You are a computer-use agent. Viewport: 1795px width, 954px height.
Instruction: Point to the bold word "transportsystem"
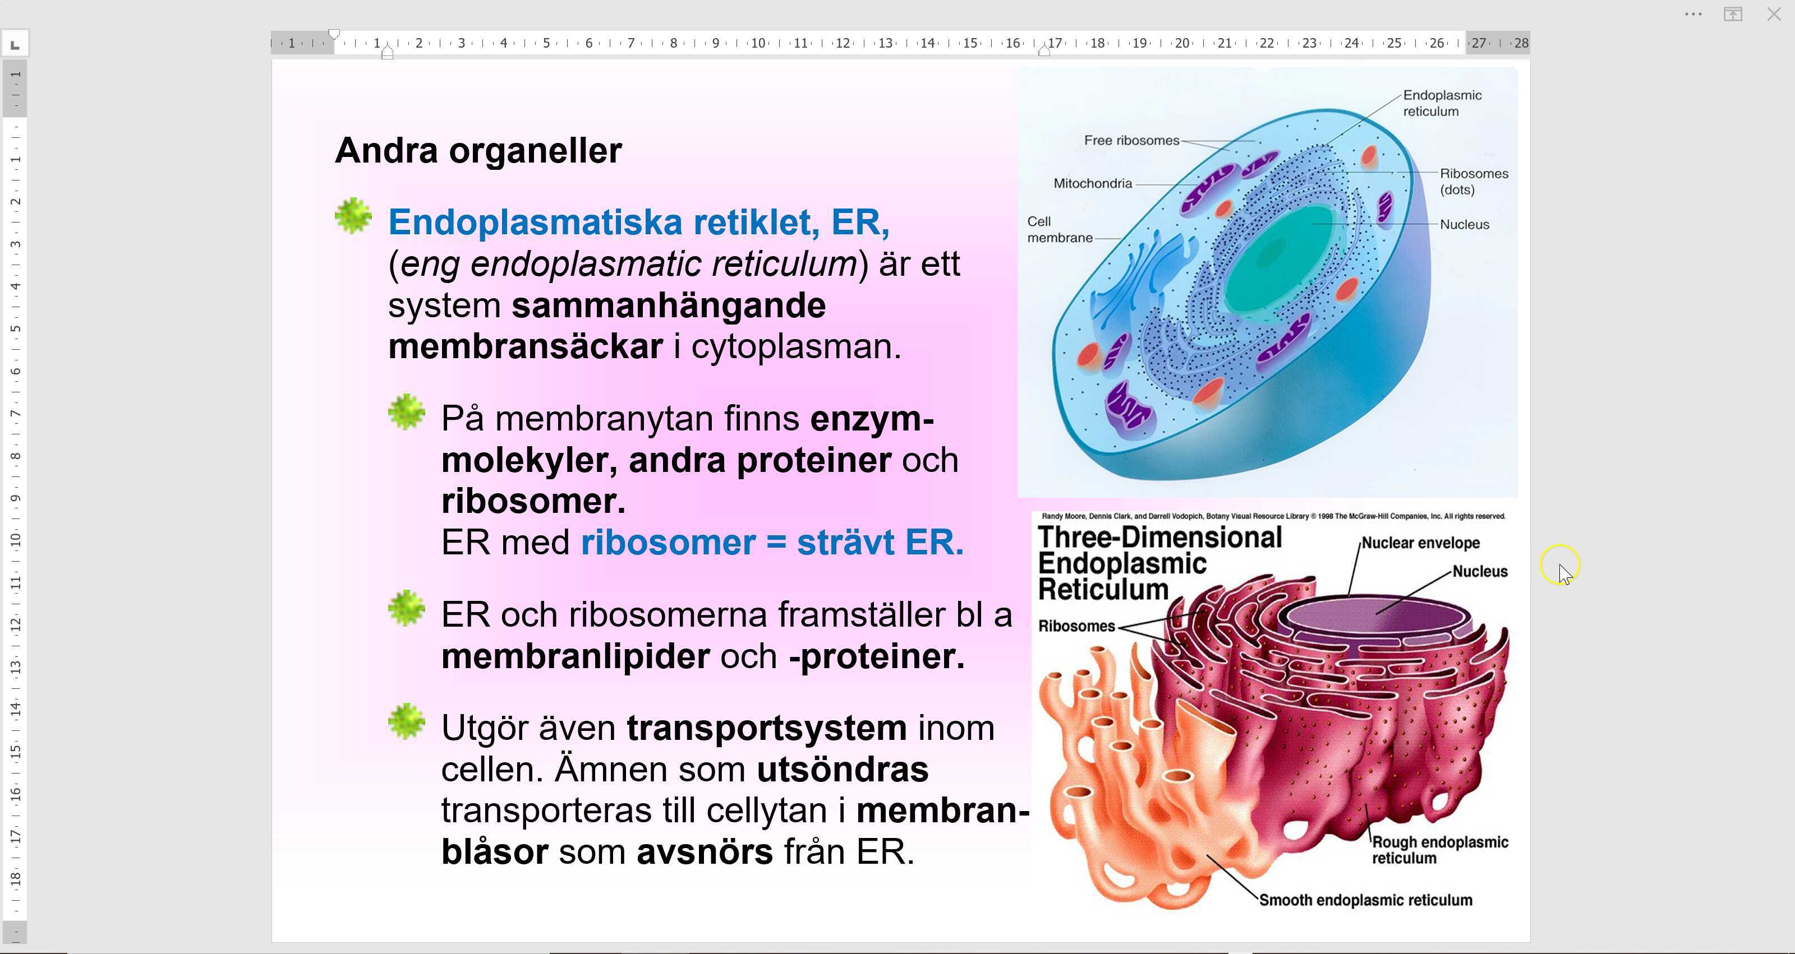[766, 728]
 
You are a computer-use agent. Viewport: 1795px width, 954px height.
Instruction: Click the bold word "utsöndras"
[843, 770]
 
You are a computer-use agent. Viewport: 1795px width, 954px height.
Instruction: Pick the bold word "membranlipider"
[576, 656]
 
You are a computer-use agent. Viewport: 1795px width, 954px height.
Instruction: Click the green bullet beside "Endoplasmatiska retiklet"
[353, 216]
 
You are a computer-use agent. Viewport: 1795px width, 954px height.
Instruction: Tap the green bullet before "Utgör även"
[406, 721]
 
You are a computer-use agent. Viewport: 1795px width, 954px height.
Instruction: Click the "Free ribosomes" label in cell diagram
[1131, 141]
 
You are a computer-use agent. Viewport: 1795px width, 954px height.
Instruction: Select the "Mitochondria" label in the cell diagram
[1093, 184]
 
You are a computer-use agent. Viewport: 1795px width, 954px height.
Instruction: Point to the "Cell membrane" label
[1060, 230]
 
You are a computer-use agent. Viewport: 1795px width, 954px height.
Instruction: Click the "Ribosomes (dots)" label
[1474, 181]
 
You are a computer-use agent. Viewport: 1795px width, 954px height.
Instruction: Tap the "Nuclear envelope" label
[1420, 543]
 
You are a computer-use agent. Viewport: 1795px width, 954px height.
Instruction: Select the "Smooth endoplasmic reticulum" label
[1366, 900]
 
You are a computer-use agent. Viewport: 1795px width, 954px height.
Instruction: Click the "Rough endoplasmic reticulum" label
[1439, 850]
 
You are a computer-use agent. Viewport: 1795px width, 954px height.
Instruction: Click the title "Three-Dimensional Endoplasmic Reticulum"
[1159, 563]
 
